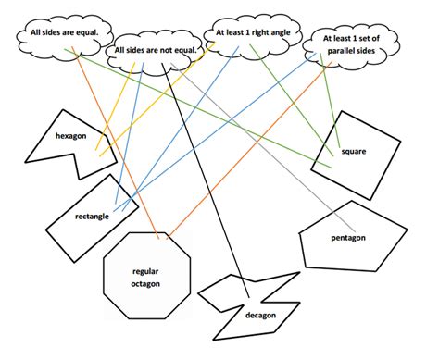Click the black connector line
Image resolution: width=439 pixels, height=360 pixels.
(x=209, y=185)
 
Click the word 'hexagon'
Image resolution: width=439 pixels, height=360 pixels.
(x=69, y=136)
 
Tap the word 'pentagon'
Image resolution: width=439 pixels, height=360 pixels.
(x=348, y=238)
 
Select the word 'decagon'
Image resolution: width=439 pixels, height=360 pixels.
(x=260, y=315)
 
